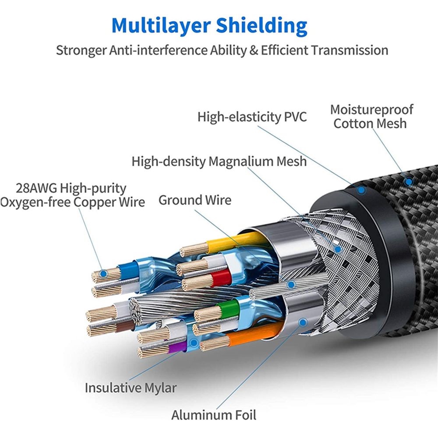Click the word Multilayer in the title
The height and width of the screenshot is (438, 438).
[161, 26]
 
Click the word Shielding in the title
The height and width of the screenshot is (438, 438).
[262, 26]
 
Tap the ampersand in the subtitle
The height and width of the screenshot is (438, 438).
[254, 50]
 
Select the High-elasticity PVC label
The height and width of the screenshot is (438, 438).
[252, 117]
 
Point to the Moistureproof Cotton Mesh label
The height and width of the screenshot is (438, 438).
[371, 117]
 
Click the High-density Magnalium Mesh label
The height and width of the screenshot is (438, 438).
[219, 162]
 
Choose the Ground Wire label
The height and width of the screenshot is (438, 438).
[195, 200]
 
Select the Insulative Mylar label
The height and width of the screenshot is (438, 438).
[131, 388]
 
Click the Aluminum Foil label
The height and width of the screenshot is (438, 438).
[214, 415]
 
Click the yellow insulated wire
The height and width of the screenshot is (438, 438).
[235, 241]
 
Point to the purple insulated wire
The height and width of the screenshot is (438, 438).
[178, 347]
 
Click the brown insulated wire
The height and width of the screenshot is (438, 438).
[125, 326]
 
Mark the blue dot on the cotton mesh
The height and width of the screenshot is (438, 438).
[409, 182]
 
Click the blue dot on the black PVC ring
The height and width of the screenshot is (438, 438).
[361, 191]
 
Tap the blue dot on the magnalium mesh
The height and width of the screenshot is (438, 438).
[338, 250]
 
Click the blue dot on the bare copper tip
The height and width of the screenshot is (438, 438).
[103, 274]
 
